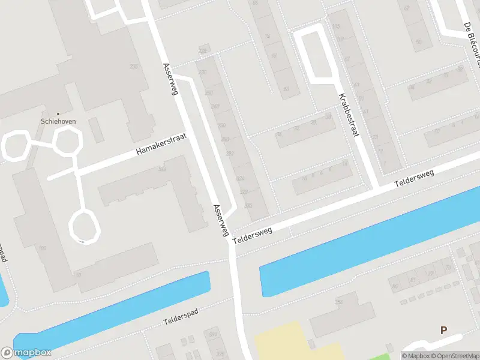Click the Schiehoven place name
(x=58, y=120)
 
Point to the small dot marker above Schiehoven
(x=58, y=113)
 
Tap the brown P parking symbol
(x=444, y=330)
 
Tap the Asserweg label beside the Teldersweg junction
(x=221, y=220)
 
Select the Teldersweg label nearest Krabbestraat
(x=414, y=178)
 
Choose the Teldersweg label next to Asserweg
(x=253, y=233)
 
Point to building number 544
(x=162, y=170)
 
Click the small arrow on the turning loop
(x=81, y=241)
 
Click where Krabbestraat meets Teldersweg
(x=375, y=187)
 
